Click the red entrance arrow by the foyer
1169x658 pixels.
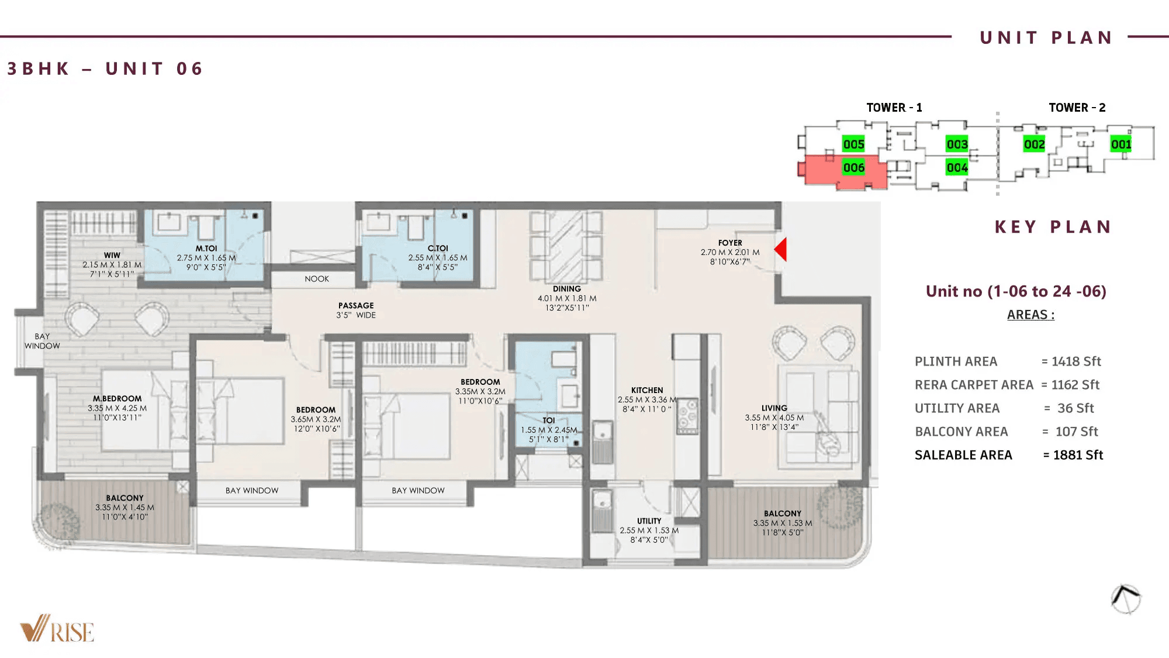(781, 249)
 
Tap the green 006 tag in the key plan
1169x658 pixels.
(853, 168)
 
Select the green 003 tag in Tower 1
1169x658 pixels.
(957, 144)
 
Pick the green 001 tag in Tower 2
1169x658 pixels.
(1120, 144)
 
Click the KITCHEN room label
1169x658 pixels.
(647, 390)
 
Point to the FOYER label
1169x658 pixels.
(730, 243)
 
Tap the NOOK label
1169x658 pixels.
(317, 279)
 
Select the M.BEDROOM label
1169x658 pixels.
(117, 398)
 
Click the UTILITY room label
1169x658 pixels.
(649, 521)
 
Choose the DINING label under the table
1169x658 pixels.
(566, 289)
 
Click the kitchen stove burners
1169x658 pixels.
(687, 416)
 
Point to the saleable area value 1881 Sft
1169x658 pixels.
(1077, 455)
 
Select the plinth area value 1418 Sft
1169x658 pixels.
(1075, 361)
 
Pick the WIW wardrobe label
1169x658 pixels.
(112, 256)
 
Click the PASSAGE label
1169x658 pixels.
(355, 305)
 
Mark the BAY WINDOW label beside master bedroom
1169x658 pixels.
(42, 341)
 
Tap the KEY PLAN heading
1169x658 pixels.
(1052, 227)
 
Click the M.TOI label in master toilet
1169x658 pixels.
(206, 249)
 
